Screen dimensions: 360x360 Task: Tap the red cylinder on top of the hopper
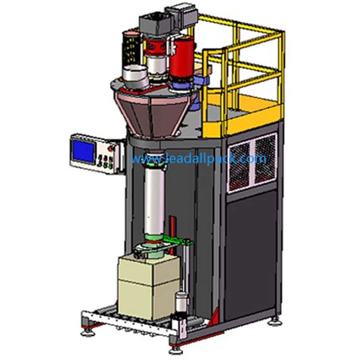tap(182, 59)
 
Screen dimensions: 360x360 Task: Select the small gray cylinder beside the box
tap(181, 303)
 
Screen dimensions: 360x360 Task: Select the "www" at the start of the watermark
tap(141, 159)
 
